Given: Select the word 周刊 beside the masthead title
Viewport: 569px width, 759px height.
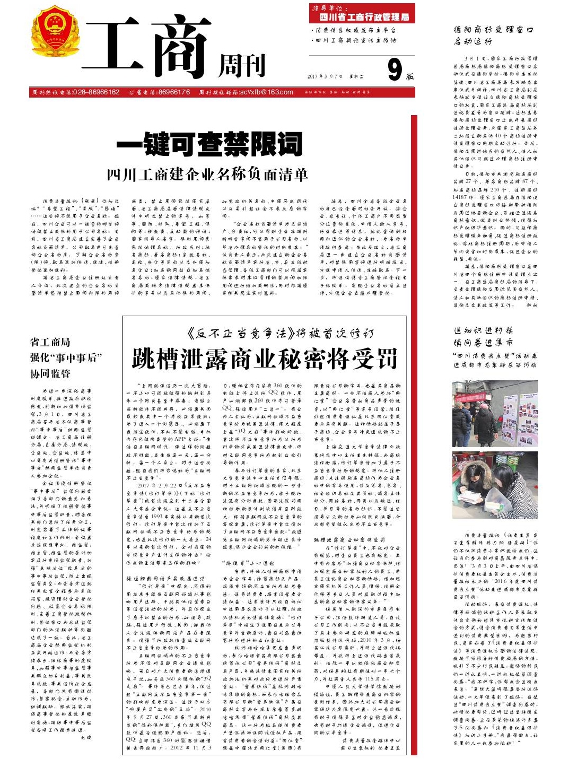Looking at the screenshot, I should click(x=242, y=66).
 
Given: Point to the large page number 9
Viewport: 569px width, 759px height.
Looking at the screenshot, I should click(x=394, y=69).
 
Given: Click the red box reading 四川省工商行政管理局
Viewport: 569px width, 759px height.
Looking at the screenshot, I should click(x=362, y=16).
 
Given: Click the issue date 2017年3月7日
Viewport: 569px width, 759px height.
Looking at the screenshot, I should click(x=325, y=76).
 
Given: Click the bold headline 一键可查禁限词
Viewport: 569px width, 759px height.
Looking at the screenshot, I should click(x=209, y=144).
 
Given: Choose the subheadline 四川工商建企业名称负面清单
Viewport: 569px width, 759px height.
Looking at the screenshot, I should click(x=207, y=175).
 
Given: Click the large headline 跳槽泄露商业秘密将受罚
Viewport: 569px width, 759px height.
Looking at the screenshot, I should click(x=265, y=359).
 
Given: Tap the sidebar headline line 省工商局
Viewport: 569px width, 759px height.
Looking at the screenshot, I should click(x=50, y=342).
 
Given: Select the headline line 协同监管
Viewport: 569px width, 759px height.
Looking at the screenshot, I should click(x=50, y=373).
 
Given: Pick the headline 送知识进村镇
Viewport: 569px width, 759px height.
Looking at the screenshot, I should click(x=483, y=330).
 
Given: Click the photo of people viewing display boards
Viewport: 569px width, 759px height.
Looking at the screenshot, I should click(x=495, y=413).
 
